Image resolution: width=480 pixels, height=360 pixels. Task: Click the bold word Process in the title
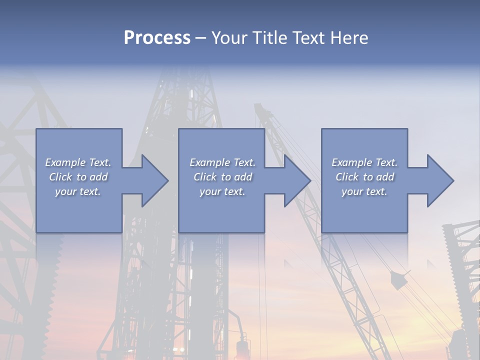157,38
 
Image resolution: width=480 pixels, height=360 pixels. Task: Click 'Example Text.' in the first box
78,162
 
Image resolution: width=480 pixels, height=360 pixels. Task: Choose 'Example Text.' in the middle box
222,162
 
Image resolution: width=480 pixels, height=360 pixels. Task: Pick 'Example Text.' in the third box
364,162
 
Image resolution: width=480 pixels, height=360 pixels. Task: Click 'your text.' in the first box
78,191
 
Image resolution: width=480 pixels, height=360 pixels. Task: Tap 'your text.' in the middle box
222,191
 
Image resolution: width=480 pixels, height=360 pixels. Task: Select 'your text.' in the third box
364,191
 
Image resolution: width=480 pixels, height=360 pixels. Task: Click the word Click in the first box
60,177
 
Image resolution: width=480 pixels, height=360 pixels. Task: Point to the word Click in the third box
347,177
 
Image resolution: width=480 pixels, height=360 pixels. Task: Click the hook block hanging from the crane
399,280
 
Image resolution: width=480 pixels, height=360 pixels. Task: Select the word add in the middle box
242,177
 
